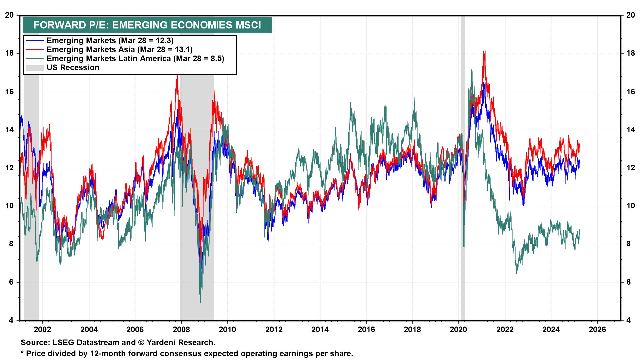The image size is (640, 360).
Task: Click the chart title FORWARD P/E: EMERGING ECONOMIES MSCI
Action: click(x=147, y=25)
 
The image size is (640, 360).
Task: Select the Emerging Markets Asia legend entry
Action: click(x=120, y=49)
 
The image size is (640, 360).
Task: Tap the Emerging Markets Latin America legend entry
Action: click(x=135, y=58)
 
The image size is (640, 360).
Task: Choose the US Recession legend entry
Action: click(x=73, y=68)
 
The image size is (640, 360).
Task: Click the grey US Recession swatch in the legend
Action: click(x=34, y=68)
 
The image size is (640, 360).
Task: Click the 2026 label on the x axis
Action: click(x=597, y=329)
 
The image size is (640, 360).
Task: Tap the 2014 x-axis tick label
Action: click(x=320, y=329)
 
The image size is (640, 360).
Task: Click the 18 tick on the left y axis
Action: click(x=10, y=53)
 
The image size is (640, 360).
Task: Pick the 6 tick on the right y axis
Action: click(x=628, y=282)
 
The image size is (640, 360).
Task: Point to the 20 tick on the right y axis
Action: click(x=630, y=15)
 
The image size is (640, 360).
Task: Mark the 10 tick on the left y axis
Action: click(x=10, y=206)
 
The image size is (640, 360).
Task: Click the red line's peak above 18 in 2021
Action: click(x=484, y=51)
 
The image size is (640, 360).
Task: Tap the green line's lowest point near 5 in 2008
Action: click(x=200, y=302)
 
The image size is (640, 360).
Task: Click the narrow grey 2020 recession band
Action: click(x=462, y=167)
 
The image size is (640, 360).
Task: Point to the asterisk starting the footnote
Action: click(x=22, y=353)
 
